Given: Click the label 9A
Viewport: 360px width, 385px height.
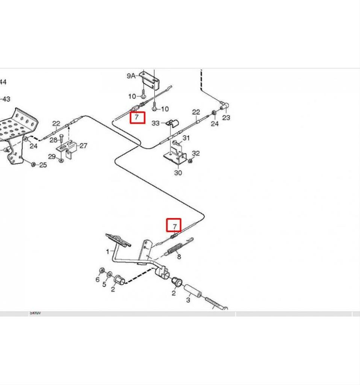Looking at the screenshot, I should tap(131, 76).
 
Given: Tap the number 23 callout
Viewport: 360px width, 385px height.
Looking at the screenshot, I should tap(226, 118).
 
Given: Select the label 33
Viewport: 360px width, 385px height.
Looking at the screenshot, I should tap(156, 123).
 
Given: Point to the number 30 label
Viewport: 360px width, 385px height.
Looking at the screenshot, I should tap(178, 173).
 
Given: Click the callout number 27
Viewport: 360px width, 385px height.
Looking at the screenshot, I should tap(83, 146).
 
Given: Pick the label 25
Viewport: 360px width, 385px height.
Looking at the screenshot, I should tap(43, 165).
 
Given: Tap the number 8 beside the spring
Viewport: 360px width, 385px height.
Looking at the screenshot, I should tap(179, 257).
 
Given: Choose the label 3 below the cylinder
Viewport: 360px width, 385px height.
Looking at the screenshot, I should tap(188, 300).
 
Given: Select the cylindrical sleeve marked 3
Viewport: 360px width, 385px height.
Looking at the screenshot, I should tap(193, 291).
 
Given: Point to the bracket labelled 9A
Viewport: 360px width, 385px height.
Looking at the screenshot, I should tap(148, 80).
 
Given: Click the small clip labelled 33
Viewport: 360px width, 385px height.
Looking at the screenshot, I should tap(172, 123).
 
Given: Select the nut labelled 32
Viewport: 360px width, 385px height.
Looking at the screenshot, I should tap(190, 161).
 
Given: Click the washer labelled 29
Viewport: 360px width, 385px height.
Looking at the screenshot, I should tap(61, 160).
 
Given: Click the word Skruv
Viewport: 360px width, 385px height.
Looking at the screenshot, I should tap(35, 313).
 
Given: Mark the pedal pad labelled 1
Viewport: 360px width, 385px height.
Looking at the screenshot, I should tap(118, 239).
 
